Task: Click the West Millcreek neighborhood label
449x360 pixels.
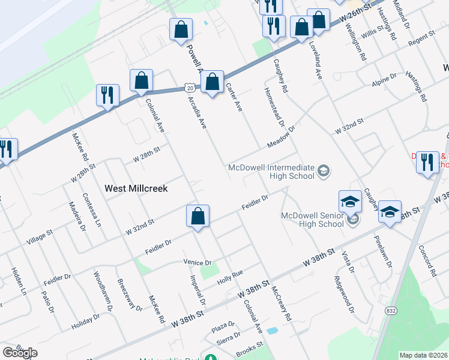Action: coord(136,188)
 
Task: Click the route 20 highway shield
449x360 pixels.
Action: coord(189,88)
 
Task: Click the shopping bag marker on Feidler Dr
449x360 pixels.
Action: coord(197,218)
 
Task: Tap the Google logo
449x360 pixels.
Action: coord(20,353)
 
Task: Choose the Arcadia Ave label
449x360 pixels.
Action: coord(197,112)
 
